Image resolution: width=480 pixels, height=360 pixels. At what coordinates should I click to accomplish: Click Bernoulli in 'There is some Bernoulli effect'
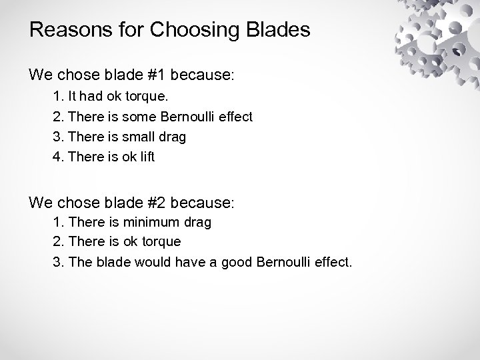[x=189, y=117]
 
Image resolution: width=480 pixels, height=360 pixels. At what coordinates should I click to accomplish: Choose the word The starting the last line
[x=79, y=262]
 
